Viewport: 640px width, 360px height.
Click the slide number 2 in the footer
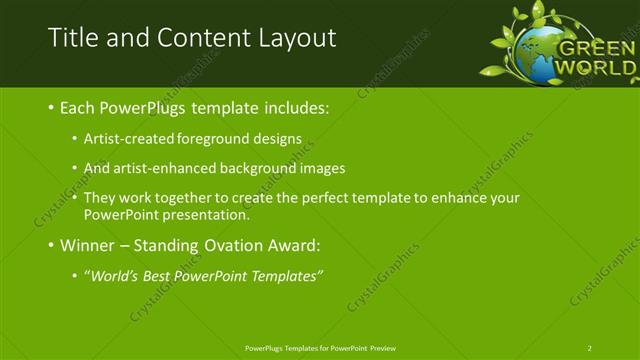(x=590, y=348)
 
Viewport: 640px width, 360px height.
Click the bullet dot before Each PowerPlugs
(x=51, y=107)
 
